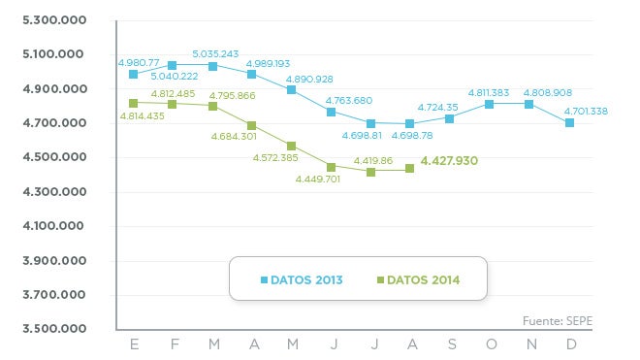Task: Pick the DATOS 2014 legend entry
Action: tap(417, 280)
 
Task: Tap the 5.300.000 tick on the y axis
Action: tap(46, 20)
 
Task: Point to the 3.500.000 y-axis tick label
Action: tap(46, 330)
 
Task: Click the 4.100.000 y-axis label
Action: tap(46, 227)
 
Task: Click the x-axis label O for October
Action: tap(490, 344)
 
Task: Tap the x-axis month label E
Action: tap(133, 344)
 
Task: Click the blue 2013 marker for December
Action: tap(570, 122)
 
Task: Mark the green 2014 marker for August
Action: tap(409, 169)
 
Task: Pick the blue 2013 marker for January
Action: tap(133, 74)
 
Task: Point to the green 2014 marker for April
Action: tap(251, 125)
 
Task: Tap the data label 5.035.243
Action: tap(215, 53)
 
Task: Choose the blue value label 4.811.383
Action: tap(496, 92)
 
